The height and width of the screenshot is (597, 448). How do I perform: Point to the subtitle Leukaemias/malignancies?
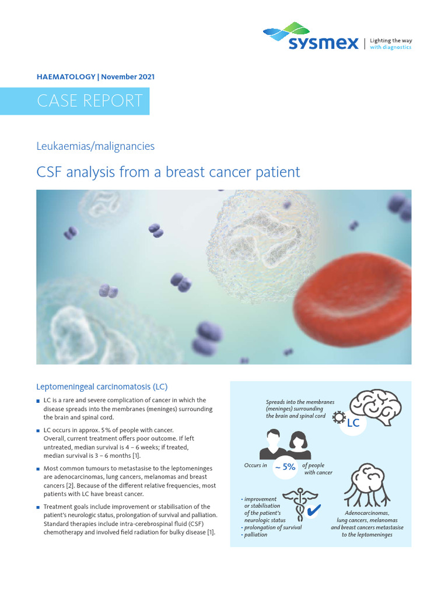pos(95,146)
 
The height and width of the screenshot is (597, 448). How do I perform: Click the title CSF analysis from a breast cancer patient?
pos(168,172)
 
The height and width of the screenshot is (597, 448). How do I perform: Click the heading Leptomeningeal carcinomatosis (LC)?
pos(102,387)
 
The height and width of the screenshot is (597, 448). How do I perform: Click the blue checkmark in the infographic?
pos(313,511)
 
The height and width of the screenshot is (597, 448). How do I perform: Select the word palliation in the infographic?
pos(256,535)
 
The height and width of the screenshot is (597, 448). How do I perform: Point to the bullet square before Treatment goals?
pos(38,508)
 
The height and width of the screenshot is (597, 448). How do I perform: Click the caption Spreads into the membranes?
pos(300,402)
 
